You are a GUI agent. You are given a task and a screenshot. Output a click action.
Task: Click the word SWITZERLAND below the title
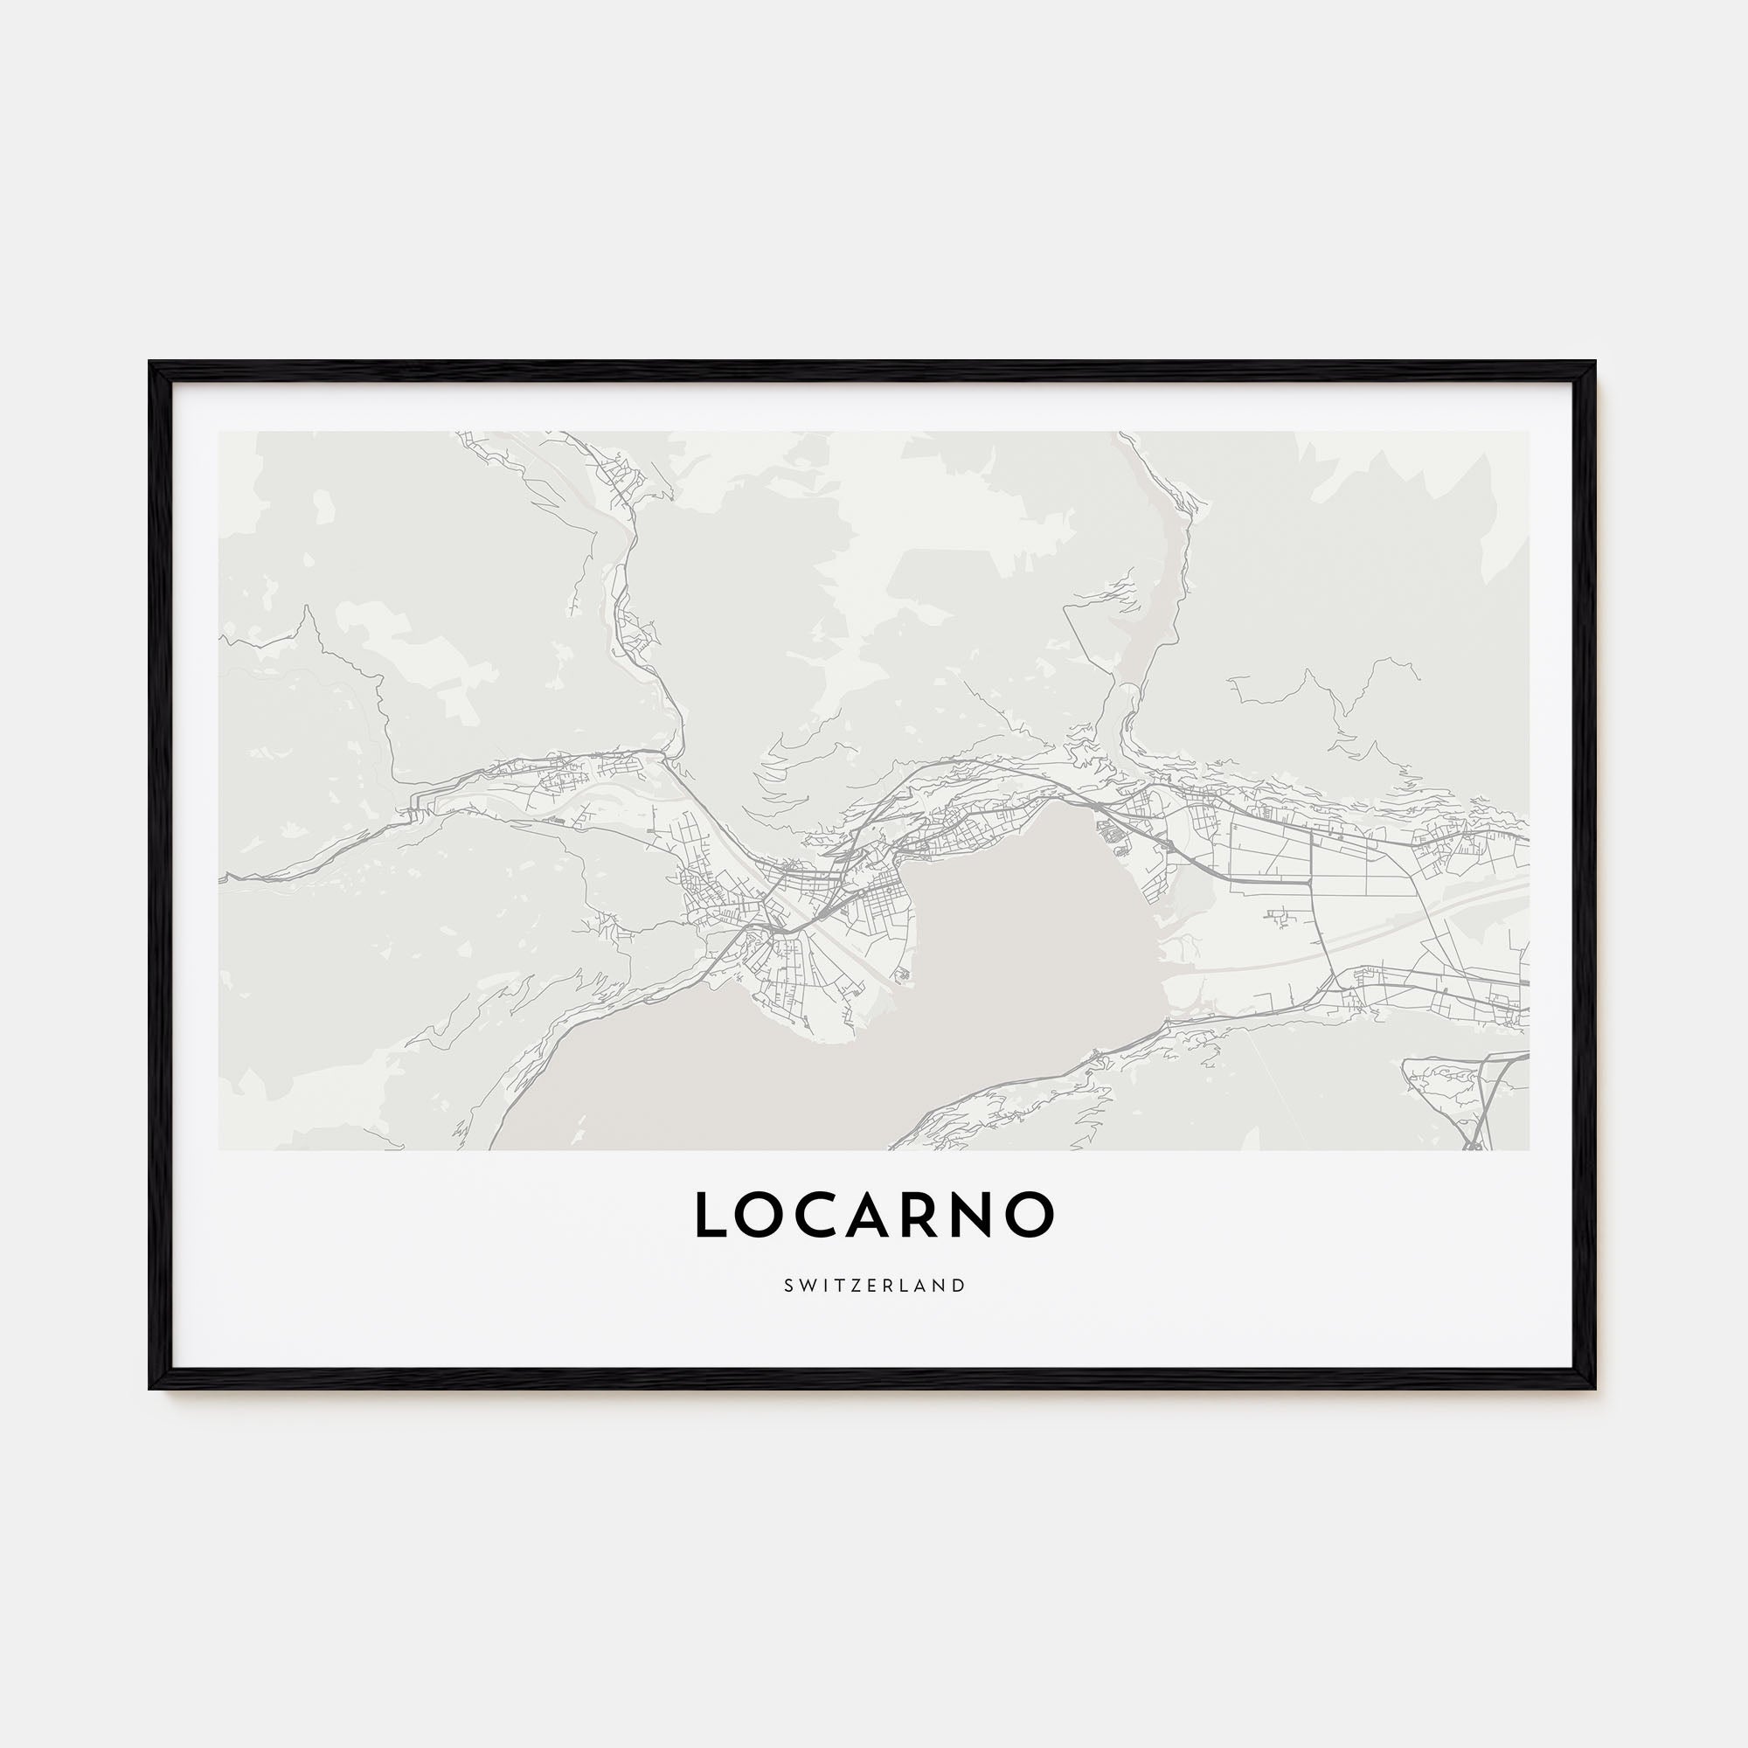click(x=874, y=1286)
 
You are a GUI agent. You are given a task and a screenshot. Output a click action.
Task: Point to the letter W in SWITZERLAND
click(x=807, y=1286)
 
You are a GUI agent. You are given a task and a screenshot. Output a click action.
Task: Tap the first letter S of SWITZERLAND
click(x=788, y=1286)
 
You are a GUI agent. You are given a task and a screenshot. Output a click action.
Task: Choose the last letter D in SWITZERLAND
click(x=960, y=1286)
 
